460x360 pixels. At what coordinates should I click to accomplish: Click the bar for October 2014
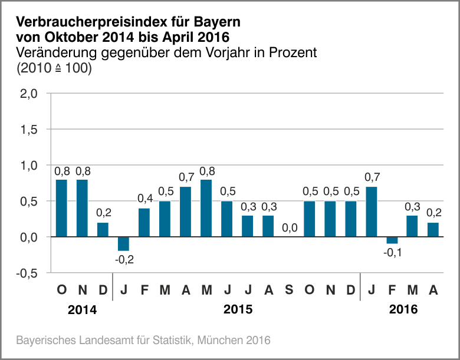(61, 208)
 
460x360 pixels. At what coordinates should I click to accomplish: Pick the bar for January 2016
(372, 212)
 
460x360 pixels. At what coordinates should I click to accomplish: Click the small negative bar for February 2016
(392, 240)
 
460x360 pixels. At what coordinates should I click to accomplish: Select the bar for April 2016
(433, 230)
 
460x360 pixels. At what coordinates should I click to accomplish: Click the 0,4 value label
(145, 199)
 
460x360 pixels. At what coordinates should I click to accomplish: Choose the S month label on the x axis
(288, 290)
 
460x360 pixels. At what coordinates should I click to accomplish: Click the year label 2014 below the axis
(82, 309)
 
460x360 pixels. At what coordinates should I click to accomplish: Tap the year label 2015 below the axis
(238, 309)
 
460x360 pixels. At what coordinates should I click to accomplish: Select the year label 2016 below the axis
(403, 309)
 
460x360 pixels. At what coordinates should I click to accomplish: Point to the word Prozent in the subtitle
(293, 52)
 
